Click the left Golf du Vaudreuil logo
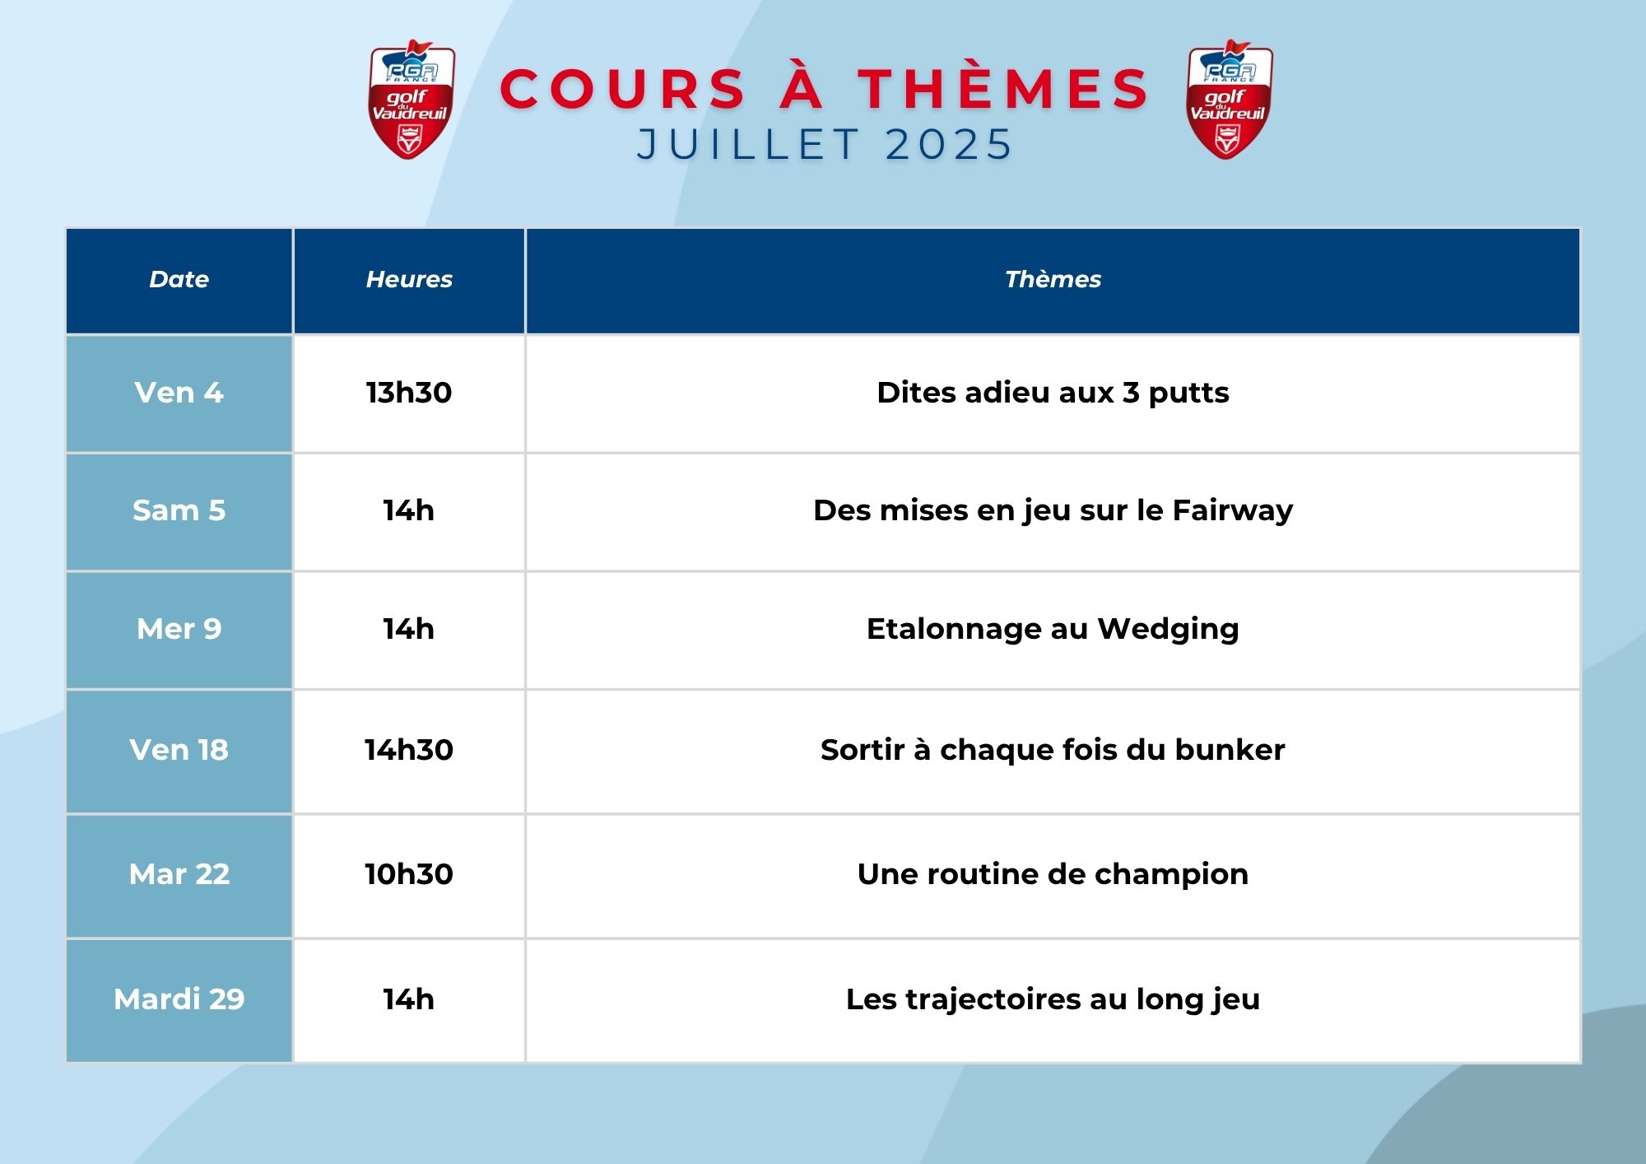411,100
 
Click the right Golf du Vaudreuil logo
1229,100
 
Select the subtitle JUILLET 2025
825,145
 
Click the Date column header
179,280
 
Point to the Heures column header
409,280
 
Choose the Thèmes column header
1053,280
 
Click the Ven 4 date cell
179,393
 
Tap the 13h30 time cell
409,393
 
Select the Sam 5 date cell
179,511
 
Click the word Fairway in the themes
1233,511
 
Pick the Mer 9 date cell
179,629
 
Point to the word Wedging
1169,630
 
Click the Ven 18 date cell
179,750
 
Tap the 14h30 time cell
409,750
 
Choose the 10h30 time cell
409,874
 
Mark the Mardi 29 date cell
179,999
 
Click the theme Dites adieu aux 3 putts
1053,393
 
